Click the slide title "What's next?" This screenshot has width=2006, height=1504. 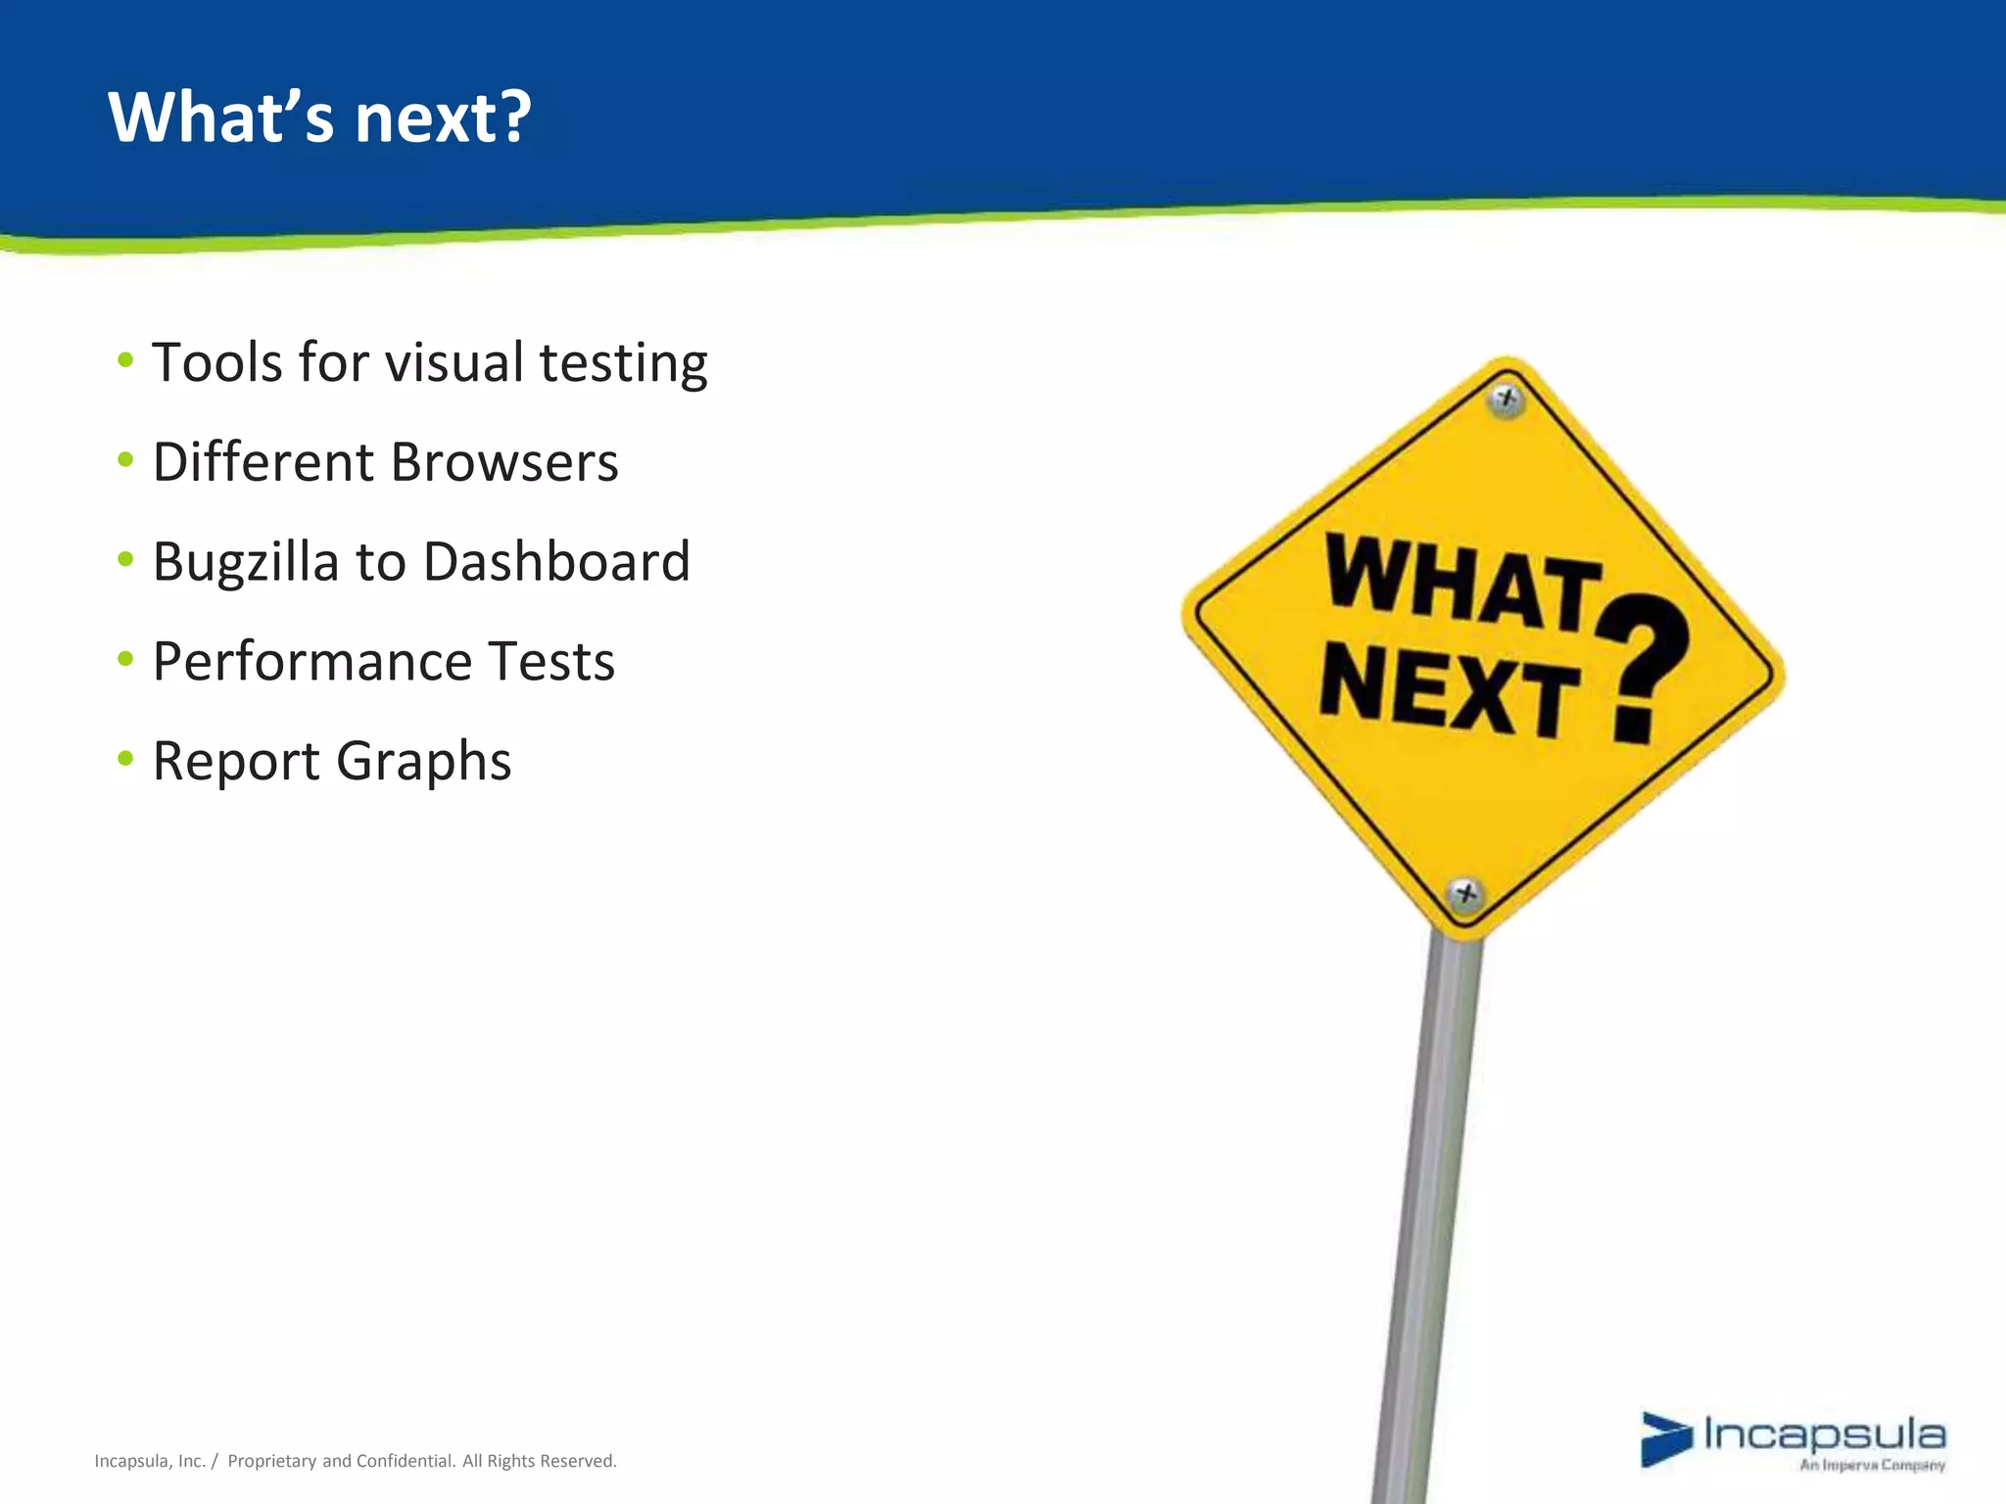click(319, 117)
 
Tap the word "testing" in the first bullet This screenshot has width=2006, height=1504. click(623, 364)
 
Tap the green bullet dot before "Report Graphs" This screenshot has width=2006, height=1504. click(124, 758)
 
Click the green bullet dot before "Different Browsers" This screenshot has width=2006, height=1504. click(124, 458)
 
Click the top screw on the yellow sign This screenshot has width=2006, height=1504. click(1506, 399)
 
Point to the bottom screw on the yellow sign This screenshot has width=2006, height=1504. click(1465, 894)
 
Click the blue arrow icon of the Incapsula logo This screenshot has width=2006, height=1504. click(1665, 1438)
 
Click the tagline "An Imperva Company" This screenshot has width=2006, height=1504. click(1871, 1466)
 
